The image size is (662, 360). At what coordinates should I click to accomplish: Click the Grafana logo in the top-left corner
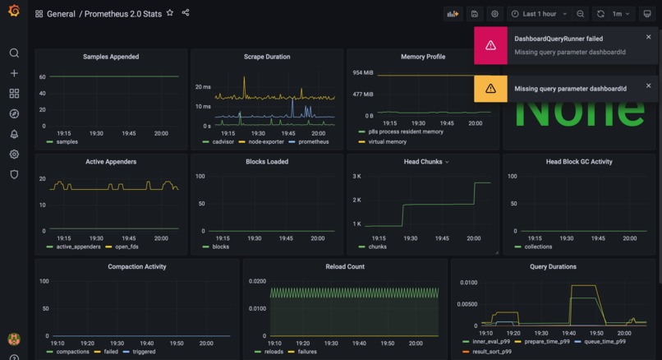(x=13, y=12)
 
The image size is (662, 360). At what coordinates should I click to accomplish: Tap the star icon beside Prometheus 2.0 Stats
(x=170, y=13)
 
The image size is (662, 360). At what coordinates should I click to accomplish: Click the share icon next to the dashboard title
(x=186, y=13)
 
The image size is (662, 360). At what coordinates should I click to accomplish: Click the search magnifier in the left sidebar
(x=14, y=53)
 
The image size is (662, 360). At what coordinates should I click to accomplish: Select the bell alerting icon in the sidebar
(x=14, y=134)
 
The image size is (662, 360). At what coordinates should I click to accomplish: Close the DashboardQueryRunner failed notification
(x=648, y=37)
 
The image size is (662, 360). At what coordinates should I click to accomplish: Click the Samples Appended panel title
(x=111, y=57)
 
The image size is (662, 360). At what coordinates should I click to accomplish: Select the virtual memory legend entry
(x=387, y=141)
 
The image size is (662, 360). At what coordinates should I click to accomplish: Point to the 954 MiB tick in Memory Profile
(x=362, y=73)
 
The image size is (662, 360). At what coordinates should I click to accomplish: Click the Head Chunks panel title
(x=423, y=162)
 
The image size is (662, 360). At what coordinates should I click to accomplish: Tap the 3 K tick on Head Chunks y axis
(x=356, y=177)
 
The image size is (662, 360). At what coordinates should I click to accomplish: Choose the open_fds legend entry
(x=126, y=247)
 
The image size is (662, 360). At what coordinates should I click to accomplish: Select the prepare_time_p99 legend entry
(x=547, y=341)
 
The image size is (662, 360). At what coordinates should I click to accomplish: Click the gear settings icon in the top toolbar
(x=494, y=14)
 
